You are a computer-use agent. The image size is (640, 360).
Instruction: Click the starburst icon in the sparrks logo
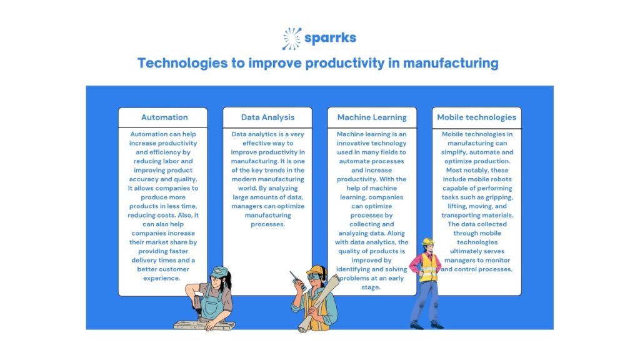pos(292,38)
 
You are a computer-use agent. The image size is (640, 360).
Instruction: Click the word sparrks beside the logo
pos(330,38)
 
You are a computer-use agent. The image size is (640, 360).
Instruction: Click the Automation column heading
pos(164,117)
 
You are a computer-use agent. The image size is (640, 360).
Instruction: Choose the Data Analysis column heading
pos(267,117)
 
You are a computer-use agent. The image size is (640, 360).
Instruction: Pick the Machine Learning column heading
pos(372,117)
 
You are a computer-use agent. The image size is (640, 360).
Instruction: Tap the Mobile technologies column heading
pos(476,117)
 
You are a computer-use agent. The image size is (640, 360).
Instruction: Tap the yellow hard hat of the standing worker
pos(427,241)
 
